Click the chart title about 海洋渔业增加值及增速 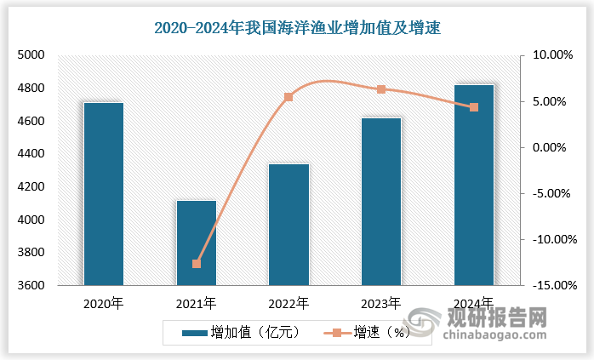[x=297, y=28]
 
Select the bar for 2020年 [x=103, y=194]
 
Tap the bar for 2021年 [x=196, y=243]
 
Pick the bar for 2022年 [x=288, y=225]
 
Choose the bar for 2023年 [x=381, y=202]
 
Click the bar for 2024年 [x=474, y=186]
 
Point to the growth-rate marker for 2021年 [x=196, y=264]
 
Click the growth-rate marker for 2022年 [x=288, y=97]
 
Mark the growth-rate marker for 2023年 [x=381, y=89]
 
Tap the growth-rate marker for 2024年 [x=474, y=107]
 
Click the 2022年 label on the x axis [x=288, y=303]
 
